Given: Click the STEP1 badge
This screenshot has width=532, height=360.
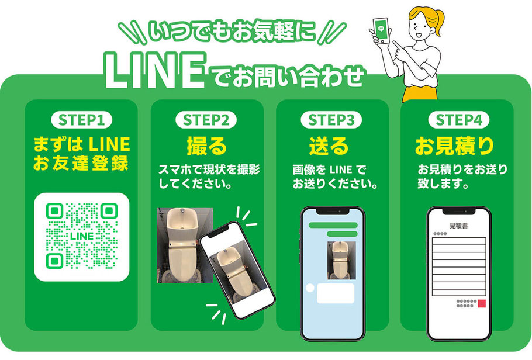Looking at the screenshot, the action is pyautogui.click(x=81, y=120).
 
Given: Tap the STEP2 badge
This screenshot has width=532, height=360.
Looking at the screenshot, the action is pyautogui.click(x=206, y=120).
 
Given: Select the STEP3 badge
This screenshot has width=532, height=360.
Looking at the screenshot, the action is pyautogui.click(x=331, y=120).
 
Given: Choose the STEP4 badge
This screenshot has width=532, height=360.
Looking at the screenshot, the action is pyautogui.click(x=459, y=120).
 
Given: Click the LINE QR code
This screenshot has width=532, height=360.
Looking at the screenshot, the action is pyautogui.click(x=82, y=237).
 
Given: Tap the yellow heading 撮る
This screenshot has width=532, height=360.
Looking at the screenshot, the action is pyautogui.click(x=206, y=146).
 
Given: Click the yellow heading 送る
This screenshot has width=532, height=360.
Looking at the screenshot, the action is pyautogui.click(x=329, y=146).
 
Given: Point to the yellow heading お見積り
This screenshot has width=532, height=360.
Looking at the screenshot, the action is pyautogui.click(x=455, y=146).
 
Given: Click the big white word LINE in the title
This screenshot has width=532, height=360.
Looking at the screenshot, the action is pyautogui.click(x=155, y=71).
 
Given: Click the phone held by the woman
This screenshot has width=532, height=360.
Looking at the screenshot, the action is pyautogui.click(x=381, y=30).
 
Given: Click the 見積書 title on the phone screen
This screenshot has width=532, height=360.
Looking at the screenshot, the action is pyautogui.click(x=459, y=226).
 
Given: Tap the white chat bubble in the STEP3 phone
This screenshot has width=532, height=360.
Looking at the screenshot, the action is pyautogui.click(x=336, y=293).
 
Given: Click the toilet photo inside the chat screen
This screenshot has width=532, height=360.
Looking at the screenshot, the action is pyautogui.click(x=341, y=260).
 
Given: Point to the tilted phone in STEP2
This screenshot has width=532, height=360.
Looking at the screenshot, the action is pyautogui.click(x=237, y=271).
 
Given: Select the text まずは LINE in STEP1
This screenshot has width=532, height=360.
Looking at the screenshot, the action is pyautogui.click(x=81, y=144).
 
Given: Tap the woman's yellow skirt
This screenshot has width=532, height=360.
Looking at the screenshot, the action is pyautogui.click(x=420, y=94).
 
